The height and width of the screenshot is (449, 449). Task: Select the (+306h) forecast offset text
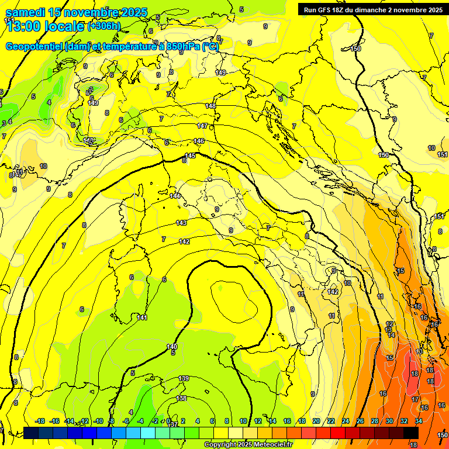[104, 26]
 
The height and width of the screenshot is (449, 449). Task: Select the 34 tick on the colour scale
[419, 421]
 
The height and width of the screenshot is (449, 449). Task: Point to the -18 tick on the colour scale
[40, 421]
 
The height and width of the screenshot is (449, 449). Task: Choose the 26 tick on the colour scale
[360, 421]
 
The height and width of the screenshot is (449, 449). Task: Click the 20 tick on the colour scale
[316, 421]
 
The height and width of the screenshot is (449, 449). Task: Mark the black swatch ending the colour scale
[411, 433]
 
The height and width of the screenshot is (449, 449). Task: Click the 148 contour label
[210, 106]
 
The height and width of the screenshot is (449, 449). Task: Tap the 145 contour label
[190, 156]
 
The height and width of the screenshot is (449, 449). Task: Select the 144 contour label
[175, 196]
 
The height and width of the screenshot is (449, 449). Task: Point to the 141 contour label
[142, 317]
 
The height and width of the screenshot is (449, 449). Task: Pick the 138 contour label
[182, 398]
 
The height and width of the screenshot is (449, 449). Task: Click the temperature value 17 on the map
[416, 399]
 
